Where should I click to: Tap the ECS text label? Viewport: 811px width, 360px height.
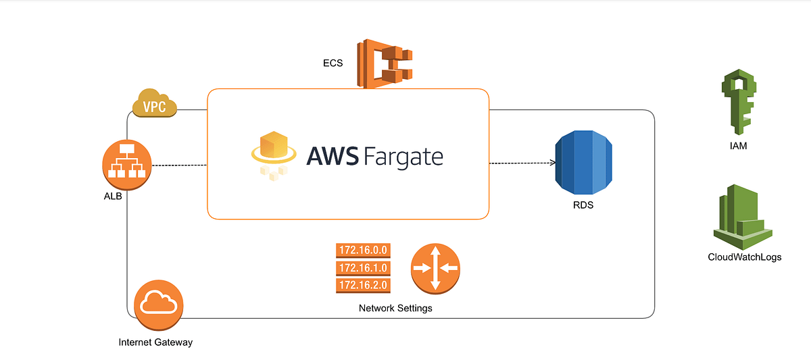[x=333, y=63]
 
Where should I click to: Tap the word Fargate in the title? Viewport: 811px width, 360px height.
[x=403, y=157]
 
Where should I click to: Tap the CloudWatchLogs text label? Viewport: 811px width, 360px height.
[x=744, y=257]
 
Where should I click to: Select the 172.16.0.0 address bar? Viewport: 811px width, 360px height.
[x=363, y=250]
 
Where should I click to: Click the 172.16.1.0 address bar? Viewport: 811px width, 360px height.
[x=363, y=268]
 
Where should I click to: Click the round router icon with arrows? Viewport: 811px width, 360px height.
[x=435, y=268]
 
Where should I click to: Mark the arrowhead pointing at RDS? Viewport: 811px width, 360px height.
[x=552, y=163]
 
